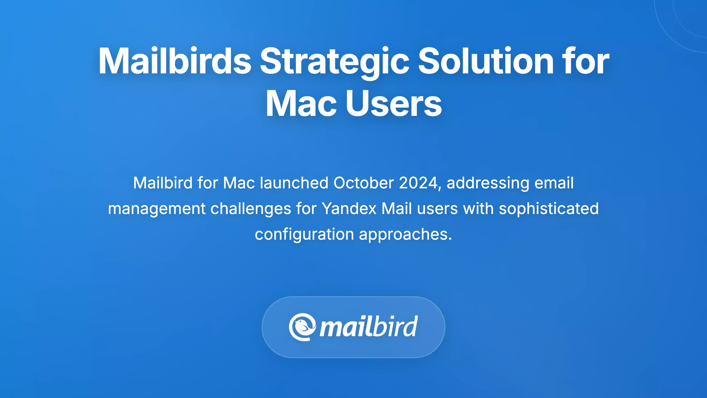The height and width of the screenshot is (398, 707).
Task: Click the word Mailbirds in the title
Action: pyautogui.click(x=175, y=61)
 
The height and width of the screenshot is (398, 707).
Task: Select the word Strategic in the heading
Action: pyautogui.click(x=334, y=61)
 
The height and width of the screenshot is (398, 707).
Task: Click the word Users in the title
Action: pyautogui.click(x=394, y=103)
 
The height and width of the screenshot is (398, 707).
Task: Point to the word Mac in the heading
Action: pyautogui.click(x=301, y=103)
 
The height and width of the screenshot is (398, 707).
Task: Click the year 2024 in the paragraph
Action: pyautogui.click(x=418, y=183)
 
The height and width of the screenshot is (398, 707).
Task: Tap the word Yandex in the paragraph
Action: pyautogui.click(x=349, y=209)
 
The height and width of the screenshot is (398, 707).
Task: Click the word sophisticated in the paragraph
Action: pyautogui.click(x=549, y=209)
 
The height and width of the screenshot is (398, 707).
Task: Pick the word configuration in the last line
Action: pyautogui.click(x=304, y=234)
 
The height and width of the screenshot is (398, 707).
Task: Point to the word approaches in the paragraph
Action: pyautogui.click(x=405, y=234)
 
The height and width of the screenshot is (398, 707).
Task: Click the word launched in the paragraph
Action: pyautogui.click(x=294, y=183)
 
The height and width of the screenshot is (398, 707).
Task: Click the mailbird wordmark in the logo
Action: pyautogui.click(x=369, y=327)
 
